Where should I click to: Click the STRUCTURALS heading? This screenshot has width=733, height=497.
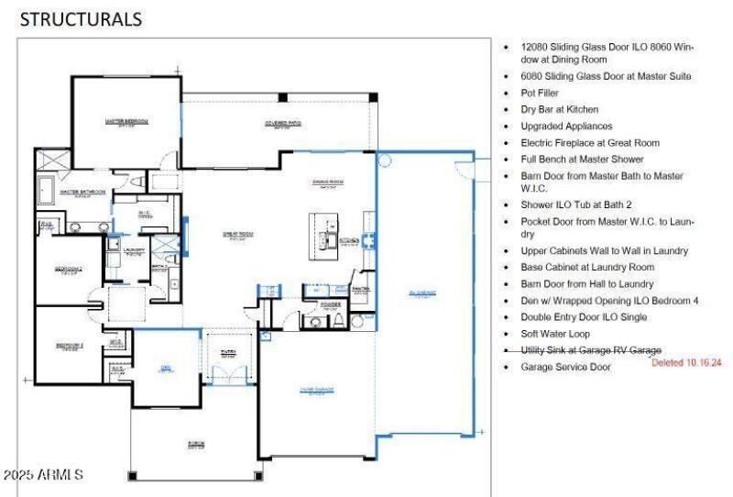coord(81,18)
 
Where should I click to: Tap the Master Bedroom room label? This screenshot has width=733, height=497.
coord(126,121)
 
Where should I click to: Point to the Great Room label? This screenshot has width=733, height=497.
coord(237,235)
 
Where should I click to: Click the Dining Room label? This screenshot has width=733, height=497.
coord(327,182)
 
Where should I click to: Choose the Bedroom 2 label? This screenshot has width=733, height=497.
coord(69,270)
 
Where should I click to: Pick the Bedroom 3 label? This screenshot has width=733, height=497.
coord(70,346)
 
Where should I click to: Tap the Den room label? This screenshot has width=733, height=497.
coord(166,369)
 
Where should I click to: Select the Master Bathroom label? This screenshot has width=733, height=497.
coord(82,193)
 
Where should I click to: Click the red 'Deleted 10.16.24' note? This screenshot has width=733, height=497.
coord(686,363)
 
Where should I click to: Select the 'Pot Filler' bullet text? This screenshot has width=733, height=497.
coord(540,94)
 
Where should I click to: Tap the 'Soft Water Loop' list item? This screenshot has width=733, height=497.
coord(555,334)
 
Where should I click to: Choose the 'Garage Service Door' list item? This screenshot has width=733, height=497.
coord(565,367)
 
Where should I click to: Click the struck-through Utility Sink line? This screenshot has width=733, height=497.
coord(590,350)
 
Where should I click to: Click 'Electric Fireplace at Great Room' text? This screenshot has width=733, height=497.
coord(589,143)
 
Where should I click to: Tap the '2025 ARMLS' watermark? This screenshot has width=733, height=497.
coord(44,475)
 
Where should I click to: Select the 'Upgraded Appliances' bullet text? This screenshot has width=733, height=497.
coord(566,127)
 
